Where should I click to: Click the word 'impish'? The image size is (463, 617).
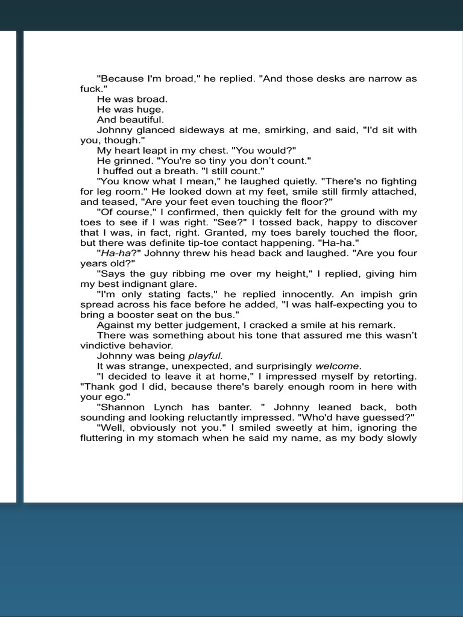370,294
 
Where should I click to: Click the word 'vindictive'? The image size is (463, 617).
104,345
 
